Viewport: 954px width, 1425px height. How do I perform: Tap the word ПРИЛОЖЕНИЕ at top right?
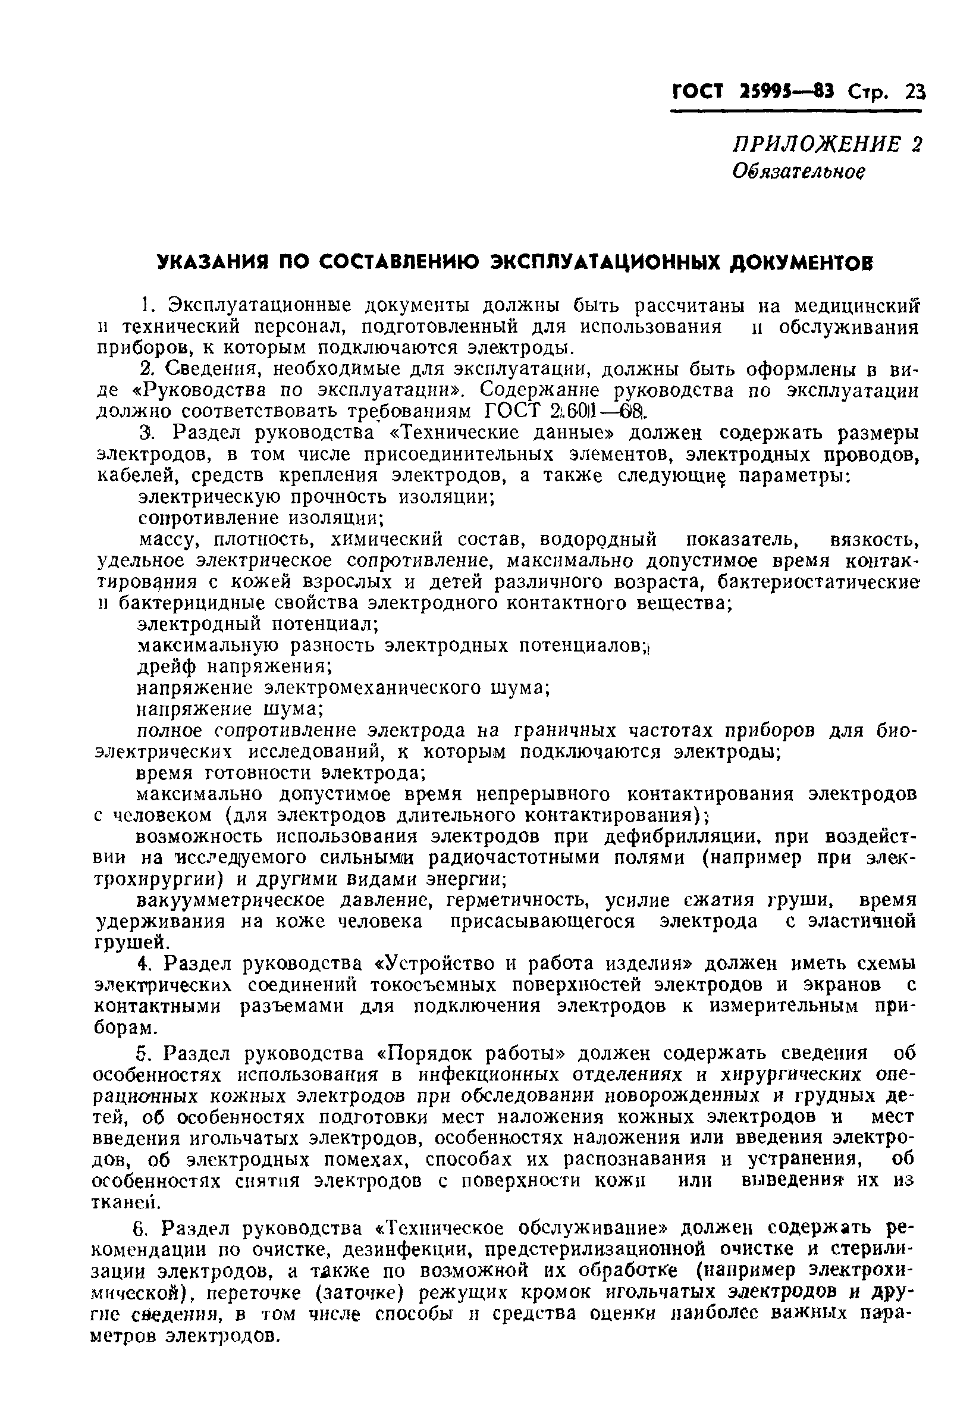coord(819,144)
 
